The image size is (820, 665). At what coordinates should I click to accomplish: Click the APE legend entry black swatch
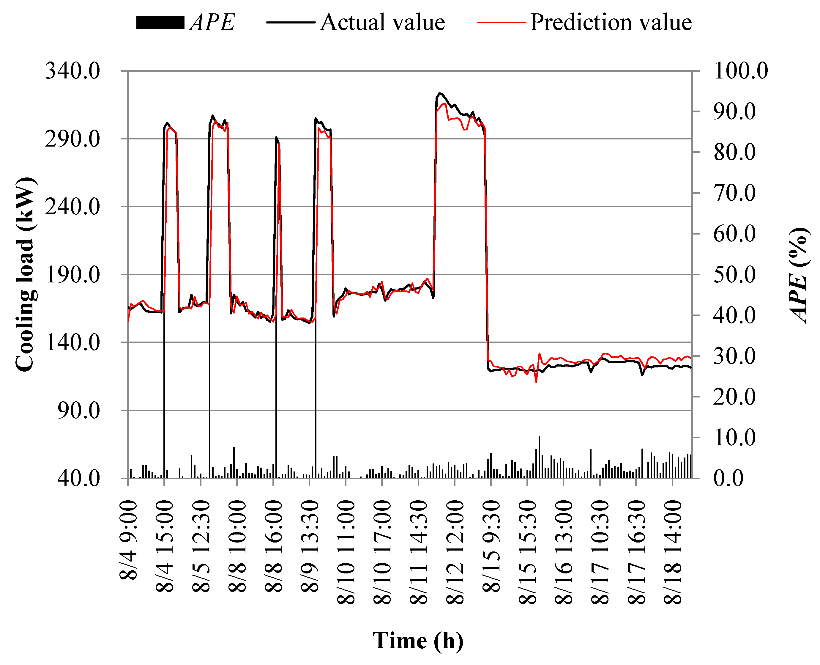160,23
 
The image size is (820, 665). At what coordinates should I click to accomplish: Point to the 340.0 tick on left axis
72,71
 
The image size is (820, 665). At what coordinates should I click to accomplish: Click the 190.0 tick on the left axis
72,275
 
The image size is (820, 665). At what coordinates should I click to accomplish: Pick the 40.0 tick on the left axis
78,478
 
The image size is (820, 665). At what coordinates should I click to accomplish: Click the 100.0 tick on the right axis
741,71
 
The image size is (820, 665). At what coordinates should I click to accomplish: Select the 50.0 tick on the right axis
734,275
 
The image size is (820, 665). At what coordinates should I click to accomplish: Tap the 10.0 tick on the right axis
734,438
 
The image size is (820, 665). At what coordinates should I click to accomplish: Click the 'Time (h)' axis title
418,641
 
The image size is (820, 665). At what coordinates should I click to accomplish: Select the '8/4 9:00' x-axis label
129,540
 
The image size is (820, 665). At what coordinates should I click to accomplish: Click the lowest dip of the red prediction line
536,382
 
